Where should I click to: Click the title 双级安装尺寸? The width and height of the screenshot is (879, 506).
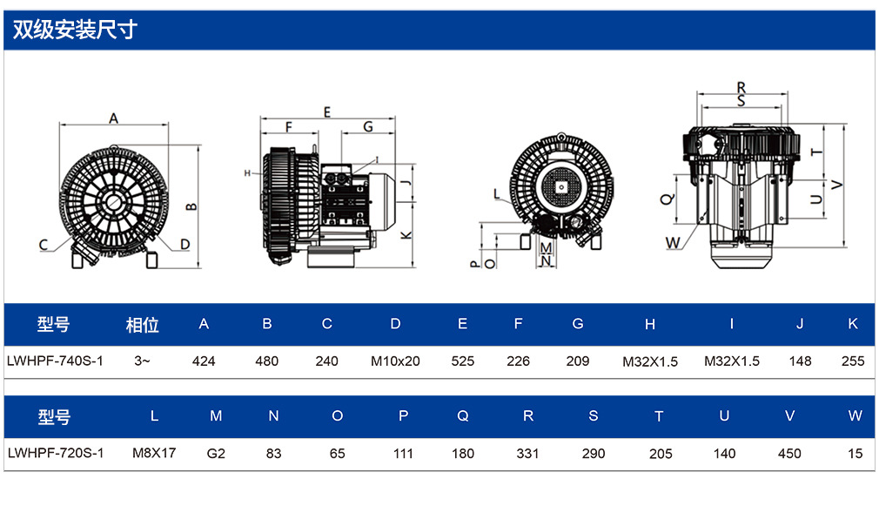tap(75, 30)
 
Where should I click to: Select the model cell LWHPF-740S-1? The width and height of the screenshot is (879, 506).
tap(55, 361)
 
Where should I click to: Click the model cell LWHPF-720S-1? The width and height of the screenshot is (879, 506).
tap(56, 453)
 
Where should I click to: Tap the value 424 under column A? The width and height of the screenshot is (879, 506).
tap(204, 361)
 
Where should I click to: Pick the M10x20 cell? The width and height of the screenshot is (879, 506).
tap(395, 361)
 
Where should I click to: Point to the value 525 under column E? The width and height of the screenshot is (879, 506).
tap(462, 361)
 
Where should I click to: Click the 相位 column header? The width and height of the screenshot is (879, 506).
tap(143, 325)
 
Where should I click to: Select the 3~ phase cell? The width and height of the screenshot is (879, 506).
tap(142, 361)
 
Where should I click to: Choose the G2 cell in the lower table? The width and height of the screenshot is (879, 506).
tap(216, 453)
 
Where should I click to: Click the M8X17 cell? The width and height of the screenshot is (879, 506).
tap(154, 453)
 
